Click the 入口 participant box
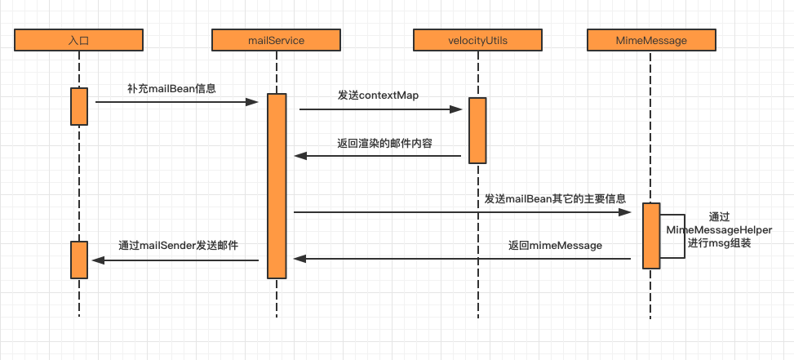pyautogui.click(x=79, y=39)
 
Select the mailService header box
pyautogui.click(x=276, y=39)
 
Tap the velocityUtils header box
pyautogui.click(x=477, y=39)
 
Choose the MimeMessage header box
pyautogui.click(x=650, y=39)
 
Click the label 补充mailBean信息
pyautogui.click(x=171, y=88)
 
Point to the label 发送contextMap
pyautogui.click(x=378, y=96)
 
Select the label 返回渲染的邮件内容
pyautogui.click(x=384, y=143)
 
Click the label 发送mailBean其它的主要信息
pyautogui.click(x=555, y=198)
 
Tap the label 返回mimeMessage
pyautogui.click(x=555, y=245)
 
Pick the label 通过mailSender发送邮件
pyautogui.click(x=178, y=245)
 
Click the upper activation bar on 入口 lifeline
pyautogui.click(x=79, y=106)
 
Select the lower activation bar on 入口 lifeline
pyautogui.click(x=79, y=260)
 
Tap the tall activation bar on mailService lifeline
pyautogui.click(x=277, y=185)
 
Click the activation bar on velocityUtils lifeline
pyautogui.click(x=477, y=131)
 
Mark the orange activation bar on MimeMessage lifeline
pyautogui.click(x=650, y=236)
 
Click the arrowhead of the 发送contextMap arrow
pyautogui.click(x=458, y=109)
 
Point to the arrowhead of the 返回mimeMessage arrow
pyautogui.click(x=299, y=259)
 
